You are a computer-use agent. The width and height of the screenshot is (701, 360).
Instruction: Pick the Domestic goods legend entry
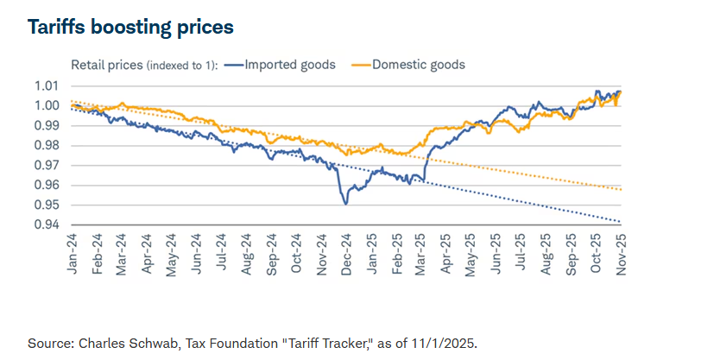point(419,65)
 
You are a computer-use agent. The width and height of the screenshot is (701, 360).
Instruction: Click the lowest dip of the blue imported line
point(345,204)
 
